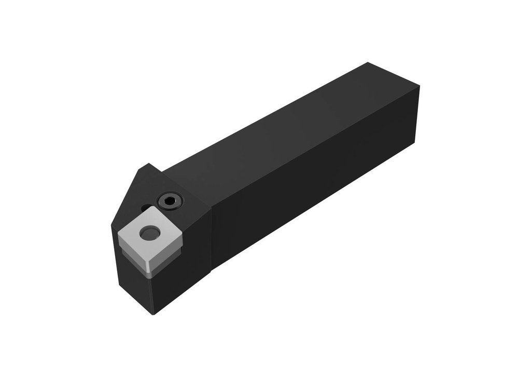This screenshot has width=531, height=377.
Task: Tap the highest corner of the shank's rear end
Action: coord(368,63)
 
